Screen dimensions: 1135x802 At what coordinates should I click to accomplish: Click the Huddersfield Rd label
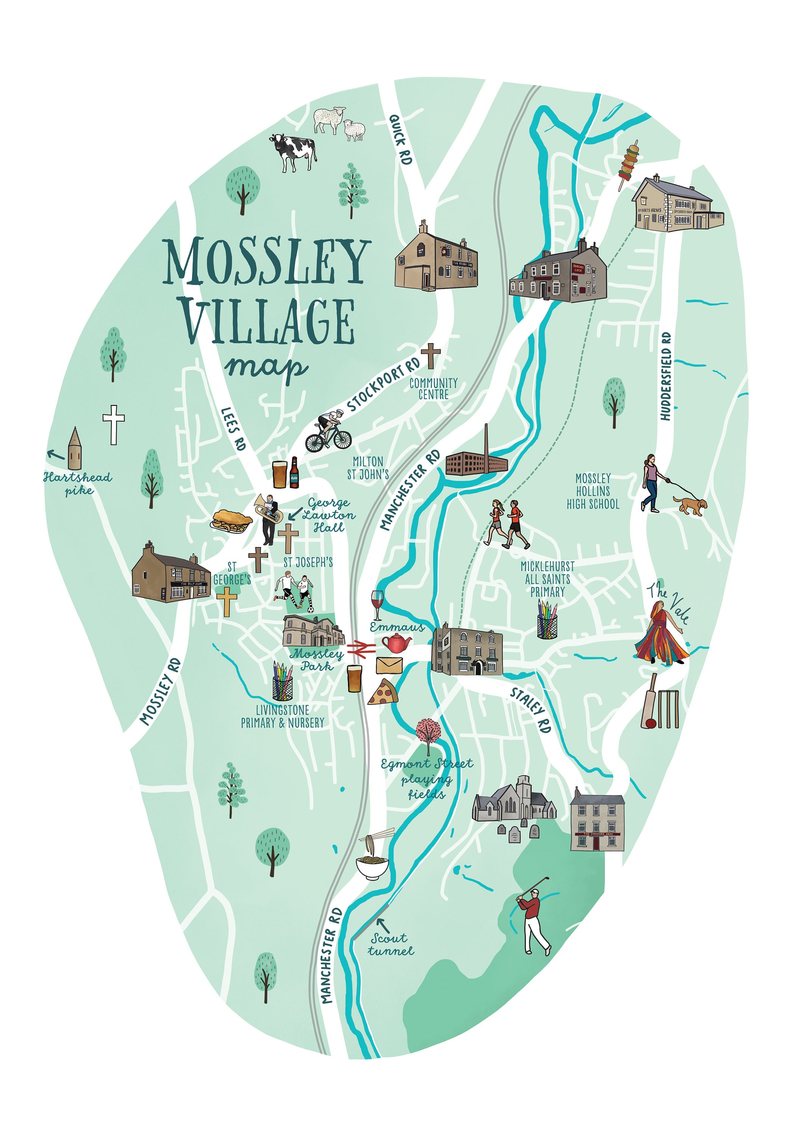tap(666, 377)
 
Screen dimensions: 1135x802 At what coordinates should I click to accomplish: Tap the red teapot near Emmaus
tap(396, 643)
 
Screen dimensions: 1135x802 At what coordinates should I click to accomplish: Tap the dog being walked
tap(691, 506)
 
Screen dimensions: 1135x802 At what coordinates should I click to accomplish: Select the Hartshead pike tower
tap(74, 449)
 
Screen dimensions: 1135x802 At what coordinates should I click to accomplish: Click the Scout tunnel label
tap(390, 945)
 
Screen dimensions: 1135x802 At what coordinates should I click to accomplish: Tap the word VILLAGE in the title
tap(267, 321)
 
